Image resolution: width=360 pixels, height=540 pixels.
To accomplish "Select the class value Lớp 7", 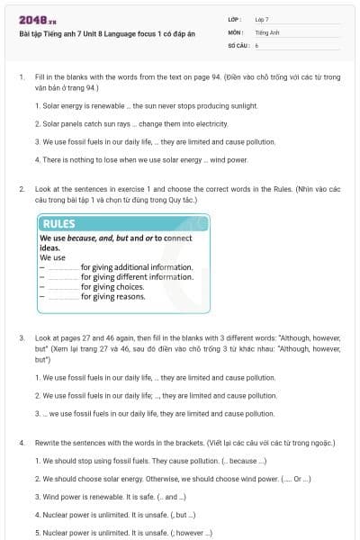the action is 262,19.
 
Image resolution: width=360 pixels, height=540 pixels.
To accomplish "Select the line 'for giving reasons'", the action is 112,297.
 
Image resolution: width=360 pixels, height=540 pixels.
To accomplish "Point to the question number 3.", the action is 21,338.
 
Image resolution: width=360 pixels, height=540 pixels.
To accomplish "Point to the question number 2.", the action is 21,189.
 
